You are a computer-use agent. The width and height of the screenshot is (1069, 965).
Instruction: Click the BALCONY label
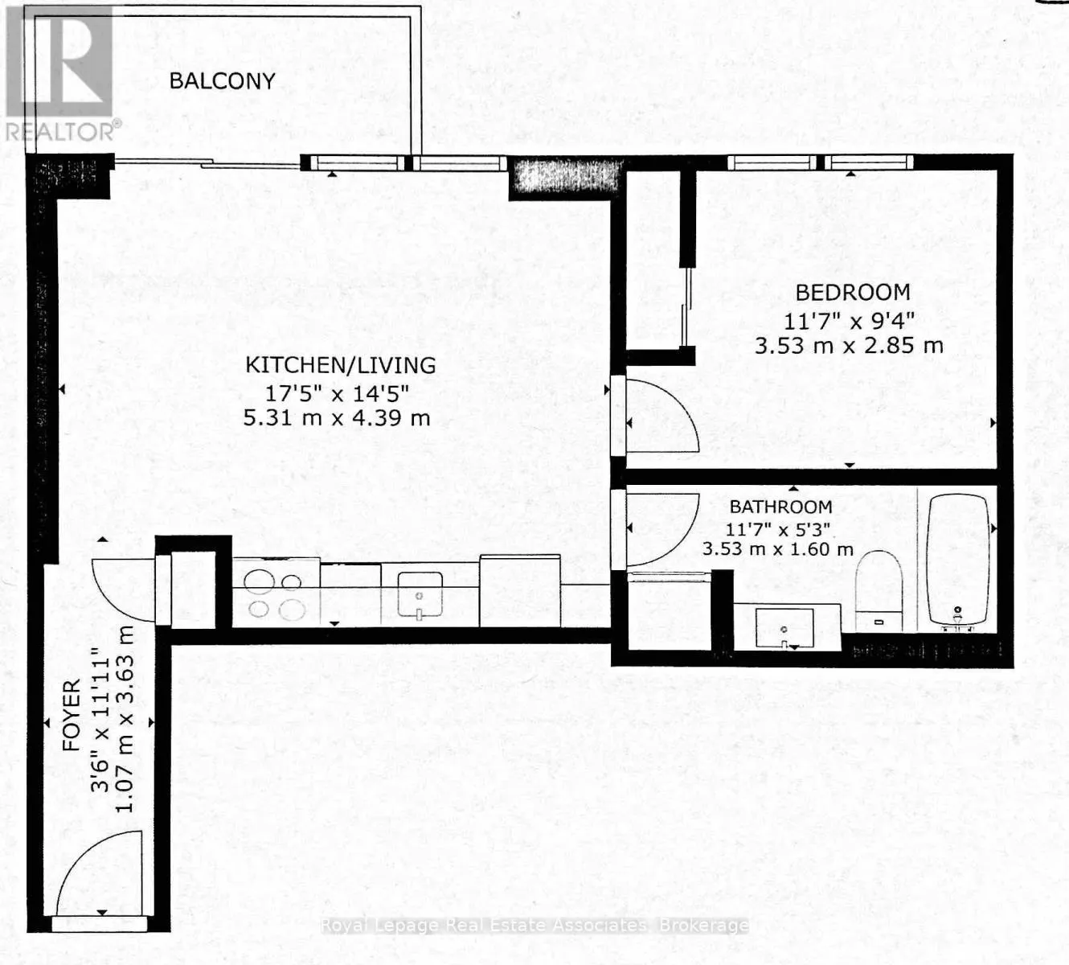(222, 80)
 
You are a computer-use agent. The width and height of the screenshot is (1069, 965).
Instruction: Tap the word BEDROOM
(853, 292)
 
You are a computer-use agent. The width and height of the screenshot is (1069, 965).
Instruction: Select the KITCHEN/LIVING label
(340, 365)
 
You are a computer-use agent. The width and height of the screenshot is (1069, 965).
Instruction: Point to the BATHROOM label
(780, 507)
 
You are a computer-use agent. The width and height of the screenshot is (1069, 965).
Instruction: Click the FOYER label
(72, 716)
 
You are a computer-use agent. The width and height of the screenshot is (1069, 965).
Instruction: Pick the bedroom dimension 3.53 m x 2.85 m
(849, 346)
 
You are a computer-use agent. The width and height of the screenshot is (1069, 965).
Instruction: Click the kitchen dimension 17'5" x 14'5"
(338, 393)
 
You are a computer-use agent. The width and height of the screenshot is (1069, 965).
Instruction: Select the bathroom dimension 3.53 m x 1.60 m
(777, 550)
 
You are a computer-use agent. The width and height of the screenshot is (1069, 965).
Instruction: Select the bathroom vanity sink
(784, 629)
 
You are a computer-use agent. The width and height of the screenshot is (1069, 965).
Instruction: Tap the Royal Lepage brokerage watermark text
(534, 926)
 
